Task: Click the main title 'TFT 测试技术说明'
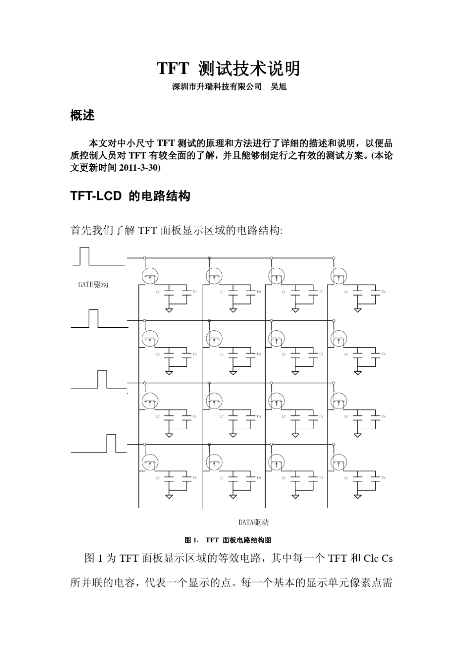[228, 69]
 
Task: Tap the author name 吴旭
[278, 87]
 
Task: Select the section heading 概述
[82, 116]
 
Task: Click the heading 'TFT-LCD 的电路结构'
[130, 196]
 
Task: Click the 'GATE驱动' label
[93, 285]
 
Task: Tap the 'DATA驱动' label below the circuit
[253, 522]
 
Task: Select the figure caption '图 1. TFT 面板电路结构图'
[228, 540]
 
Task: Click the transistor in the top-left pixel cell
[150, 276]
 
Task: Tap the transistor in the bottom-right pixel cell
[338, 461]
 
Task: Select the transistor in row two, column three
[276, 338]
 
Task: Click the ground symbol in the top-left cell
[169, 310]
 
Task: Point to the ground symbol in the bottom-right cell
[358, 496]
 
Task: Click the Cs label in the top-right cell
[384, 292]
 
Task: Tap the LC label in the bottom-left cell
[157, 478]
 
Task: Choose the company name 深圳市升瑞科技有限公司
[217, 87]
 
